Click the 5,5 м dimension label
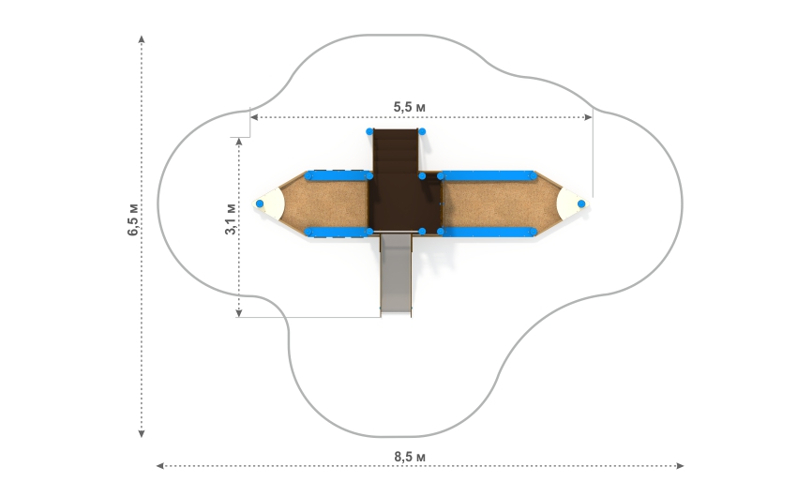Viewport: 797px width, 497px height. point(409,107)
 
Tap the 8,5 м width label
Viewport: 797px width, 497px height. point(410,457)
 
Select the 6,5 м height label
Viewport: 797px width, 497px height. point(132,220)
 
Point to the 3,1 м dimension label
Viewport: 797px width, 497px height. point(231,219)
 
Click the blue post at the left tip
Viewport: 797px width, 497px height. point(260,203)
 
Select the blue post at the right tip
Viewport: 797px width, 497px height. point(581,203)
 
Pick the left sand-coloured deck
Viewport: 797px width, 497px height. point(325,204)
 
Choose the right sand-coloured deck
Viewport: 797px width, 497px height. point(500,204)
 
